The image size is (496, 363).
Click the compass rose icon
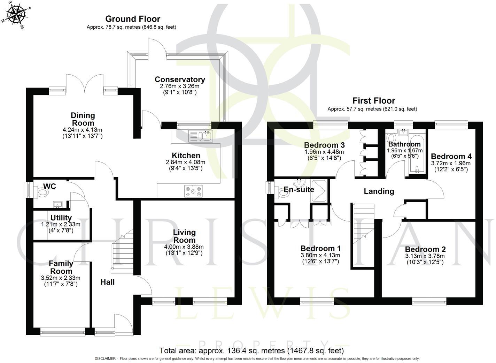[14, 14]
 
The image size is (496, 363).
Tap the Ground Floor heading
[133, 19]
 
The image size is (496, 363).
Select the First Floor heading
[374, 101]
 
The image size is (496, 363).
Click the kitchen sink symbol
[200, 136]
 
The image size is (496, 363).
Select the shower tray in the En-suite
[319, 191]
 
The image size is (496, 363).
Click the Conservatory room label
[180, 80]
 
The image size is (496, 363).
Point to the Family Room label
[61, 267]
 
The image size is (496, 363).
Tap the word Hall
[108, 282]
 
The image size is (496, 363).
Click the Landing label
[379, 191]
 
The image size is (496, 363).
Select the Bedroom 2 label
[425, 249]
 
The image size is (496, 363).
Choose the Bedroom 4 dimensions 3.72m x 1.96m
[451, 163]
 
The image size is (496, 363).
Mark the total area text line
[251, 350]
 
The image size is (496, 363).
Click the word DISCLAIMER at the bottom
[106, 359]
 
